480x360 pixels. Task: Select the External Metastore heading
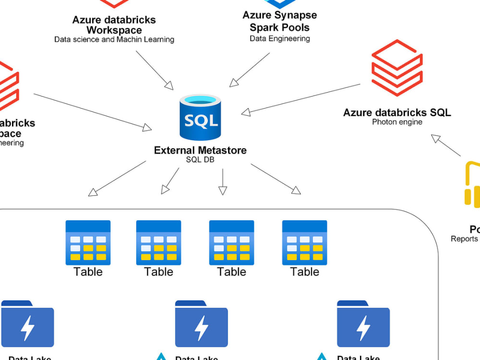click(x=200, y=150)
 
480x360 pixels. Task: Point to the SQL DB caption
click(x=200, y=160)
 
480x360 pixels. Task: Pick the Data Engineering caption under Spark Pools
click(x=280, y=38)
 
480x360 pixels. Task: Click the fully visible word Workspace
click(x=114, y=30)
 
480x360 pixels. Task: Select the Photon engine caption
click(x=397, y=122)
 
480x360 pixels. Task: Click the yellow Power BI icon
click(x=472, y=185)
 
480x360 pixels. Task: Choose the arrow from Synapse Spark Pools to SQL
click(x=250, y=70)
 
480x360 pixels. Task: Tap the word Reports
click(x=464, y=239)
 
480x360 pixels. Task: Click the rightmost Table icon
click(x=304, y=242)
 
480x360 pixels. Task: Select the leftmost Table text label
click(x=88, y=272)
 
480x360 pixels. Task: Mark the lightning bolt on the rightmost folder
click(x=363, y=328)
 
